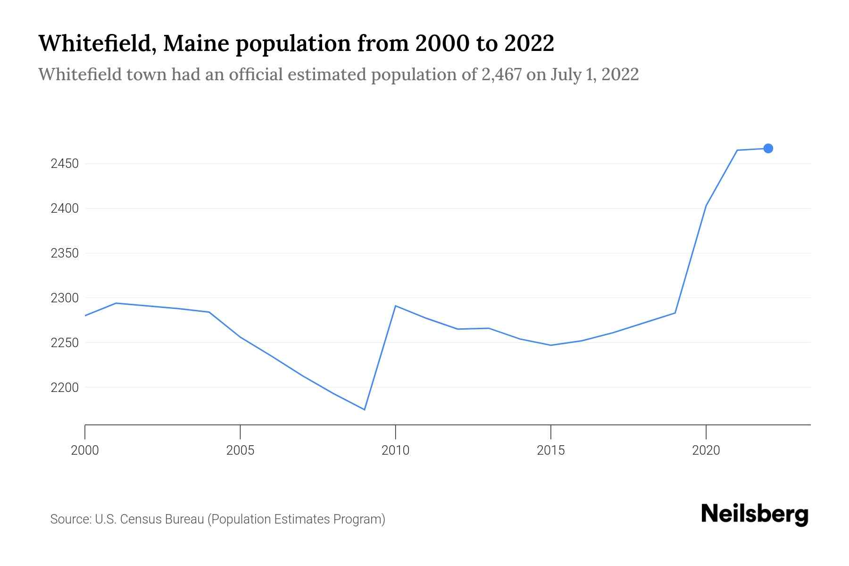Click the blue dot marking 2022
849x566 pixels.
point(768,149)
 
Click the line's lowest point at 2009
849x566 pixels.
point(365,409)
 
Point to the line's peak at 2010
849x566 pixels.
point(395,306)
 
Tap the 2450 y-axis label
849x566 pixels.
point(65,164)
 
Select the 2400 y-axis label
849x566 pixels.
point(65,208)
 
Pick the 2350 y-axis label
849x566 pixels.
point(65,253)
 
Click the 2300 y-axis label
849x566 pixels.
point(65,298)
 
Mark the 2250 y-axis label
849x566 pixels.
point(65,343)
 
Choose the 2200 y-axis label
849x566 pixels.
point(65,388)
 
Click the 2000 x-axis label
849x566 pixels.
point(85,450)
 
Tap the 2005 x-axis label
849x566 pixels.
point(240,450)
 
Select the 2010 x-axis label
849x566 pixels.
point(395,450)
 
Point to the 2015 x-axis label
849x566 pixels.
point(550,450)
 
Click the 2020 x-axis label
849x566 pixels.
point(706,450)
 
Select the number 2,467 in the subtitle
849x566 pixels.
point(501,75)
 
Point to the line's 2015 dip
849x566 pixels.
point(550,345)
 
